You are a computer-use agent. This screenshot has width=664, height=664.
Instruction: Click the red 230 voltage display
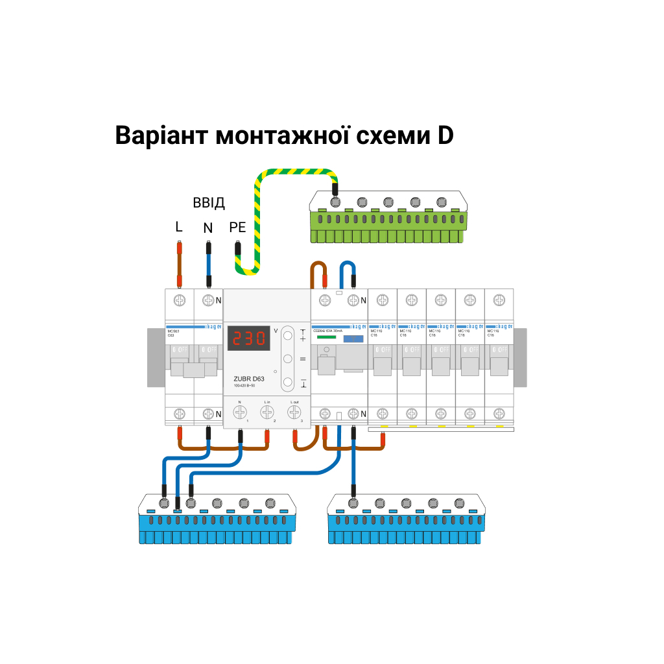point(248,338)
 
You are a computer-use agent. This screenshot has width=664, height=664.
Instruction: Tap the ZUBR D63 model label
point(249,379)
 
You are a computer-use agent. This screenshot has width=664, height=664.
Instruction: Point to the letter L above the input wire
point(179,228)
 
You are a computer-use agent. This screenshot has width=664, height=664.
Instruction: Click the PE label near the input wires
point(237,228)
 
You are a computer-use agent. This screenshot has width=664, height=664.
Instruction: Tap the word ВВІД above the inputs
point(209,203)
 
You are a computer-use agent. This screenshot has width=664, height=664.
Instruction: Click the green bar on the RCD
point(326,337)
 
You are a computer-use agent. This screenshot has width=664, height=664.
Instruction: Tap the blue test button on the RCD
point(353,338)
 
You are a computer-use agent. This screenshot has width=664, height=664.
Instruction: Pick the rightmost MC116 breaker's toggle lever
point(498,366)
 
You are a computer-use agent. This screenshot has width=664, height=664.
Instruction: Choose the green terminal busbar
point(388,218)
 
